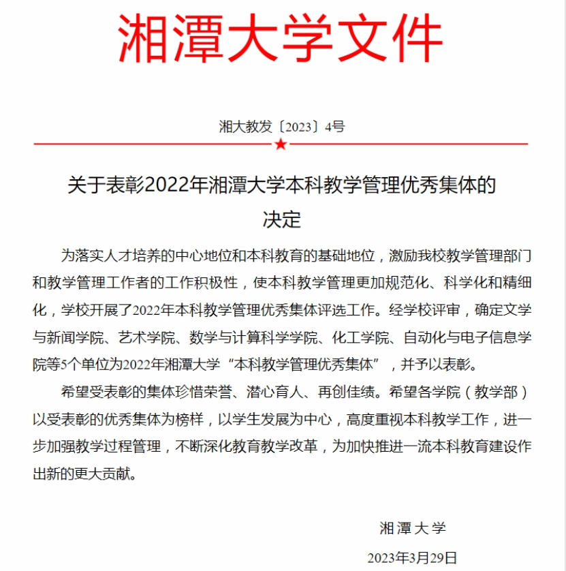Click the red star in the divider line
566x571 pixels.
click(281, 144)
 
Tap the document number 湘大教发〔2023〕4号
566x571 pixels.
click(282, 126)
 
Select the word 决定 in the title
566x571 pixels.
click(282, 219)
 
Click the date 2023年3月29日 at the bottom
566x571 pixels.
click(412, 557)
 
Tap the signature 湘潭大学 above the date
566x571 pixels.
click(412, 527)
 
